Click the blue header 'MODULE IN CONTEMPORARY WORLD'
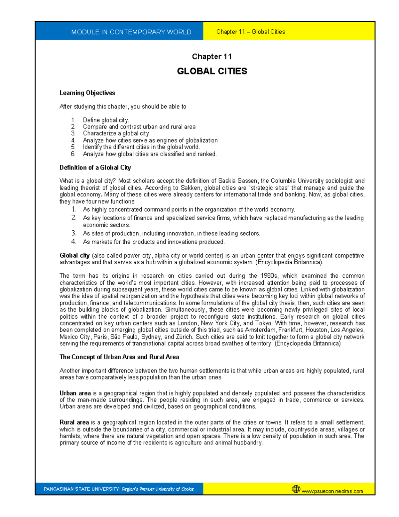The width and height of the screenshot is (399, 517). coord(131,32)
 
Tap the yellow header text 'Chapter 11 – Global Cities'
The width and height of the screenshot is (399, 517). coord(250,32)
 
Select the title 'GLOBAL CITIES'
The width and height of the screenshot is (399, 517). coord(212,71)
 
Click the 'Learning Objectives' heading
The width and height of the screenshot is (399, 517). coord(87,93)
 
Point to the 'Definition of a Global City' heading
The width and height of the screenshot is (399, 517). coord(95,167)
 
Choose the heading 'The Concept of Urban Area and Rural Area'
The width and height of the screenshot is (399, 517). coord(119,357)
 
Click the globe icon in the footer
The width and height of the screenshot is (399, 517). coord(296,489)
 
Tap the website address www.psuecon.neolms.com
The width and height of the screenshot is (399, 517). coord(332,491)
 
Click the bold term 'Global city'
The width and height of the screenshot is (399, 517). coord(74,256)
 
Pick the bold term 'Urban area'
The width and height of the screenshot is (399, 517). coord(75,393)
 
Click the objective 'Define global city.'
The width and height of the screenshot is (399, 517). coord(106,120)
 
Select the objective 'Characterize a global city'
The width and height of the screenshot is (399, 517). coord(116,133)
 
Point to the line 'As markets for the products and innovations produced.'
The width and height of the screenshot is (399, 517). coord(154,242)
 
